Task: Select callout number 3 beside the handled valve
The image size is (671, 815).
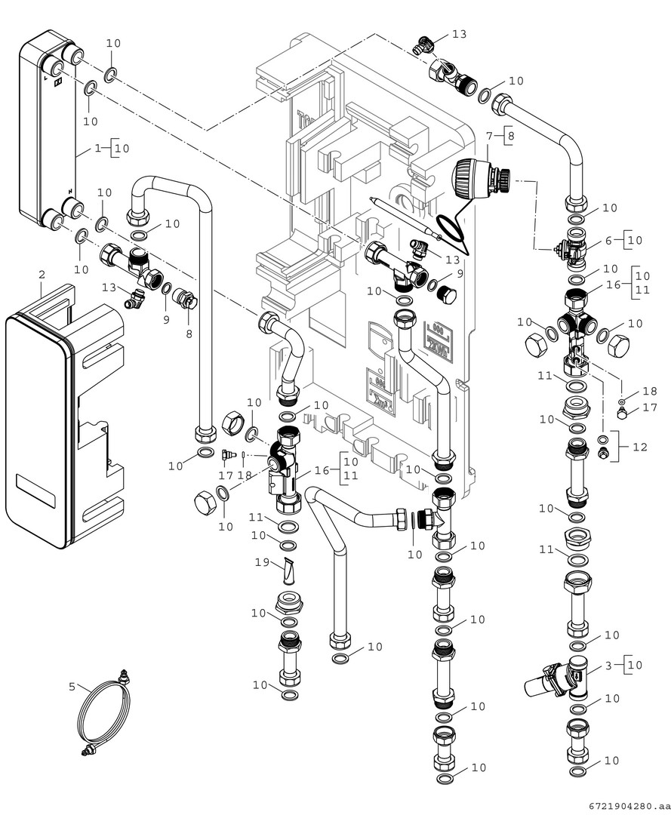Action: [x=608, y=665]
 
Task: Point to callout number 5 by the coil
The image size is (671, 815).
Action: [x=72, y=687]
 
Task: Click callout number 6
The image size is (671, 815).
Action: [x=608, y=240]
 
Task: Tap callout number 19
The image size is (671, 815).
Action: [x=261, y=561]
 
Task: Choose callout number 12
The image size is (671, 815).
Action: [x=640, y=447]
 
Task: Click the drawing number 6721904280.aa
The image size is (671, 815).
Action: [x=626, y=806]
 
